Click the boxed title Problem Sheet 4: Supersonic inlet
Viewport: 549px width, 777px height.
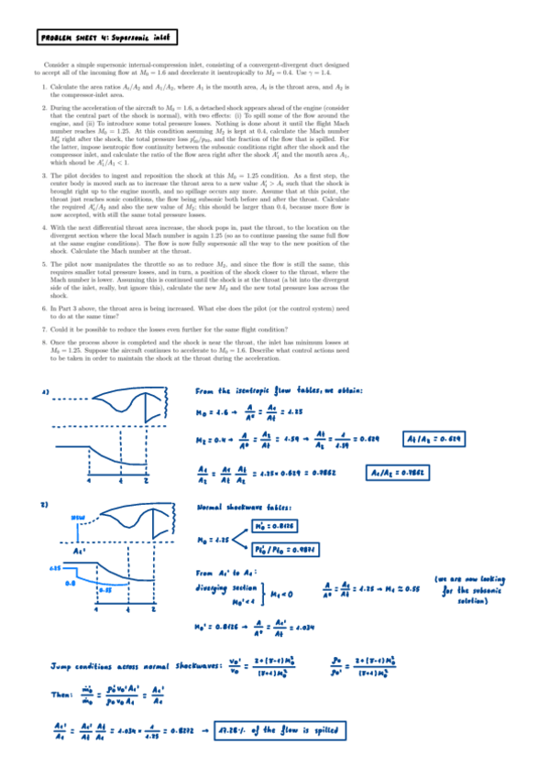click(x=108, y=38)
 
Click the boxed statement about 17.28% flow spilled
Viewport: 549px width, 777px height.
click(x=285, y=731)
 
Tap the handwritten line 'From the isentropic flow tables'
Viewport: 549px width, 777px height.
click(x=280, y=392)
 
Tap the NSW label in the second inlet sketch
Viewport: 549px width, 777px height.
click(x=79, y=519)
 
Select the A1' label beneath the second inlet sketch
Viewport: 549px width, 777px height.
click(x=80, y=552)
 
